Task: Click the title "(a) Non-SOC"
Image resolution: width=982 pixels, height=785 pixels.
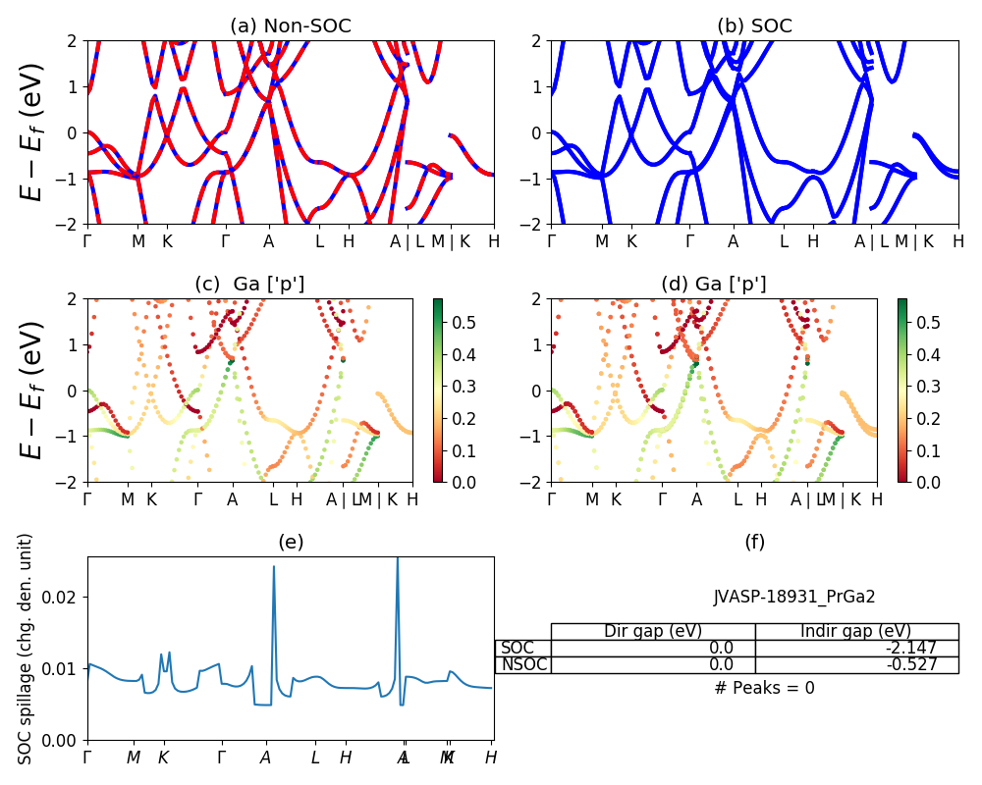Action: [x=290, y=26]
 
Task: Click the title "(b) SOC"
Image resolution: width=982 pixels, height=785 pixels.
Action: [x=754, y=26]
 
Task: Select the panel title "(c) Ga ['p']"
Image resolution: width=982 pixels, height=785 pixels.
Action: [x=249, y=284]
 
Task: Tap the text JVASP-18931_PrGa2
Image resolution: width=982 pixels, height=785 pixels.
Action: [x=794, y=596]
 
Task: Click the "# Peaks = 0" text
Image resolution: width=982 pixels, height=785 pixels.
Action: [x=764, y=688]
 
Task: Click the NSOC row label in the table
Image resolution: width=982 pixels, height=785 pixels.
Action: [x=523, y=664]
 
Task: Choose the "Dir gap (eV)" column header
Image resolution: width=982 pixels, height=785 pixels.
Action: [x=652, y=631]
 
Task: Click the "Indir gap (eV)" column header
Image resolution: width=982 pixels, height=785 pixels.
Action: [x=856, y=631]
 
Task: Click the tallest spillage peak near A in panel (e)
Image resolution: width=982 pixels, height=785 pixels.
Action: [x=397, y=559]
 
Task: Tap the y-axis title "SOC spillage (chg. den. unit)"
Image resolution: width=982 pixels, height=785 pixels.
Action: [x=27, y=649]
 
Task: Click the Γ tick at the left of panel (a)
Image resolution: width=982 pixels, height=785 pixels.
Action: [x=87, y=240]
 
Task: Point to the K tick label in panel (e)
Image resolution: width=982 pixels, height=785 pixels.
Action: [x=163, y=758]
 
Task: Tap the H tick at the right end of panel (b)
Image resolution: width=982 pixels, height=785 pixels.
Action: [x=957, y=240]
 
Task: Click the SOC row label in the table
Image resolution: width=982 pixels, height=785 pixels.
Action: [x=518, y=648]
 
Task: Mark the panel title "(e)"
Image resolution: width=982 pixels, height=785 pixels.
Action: [x=290, y=542]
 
